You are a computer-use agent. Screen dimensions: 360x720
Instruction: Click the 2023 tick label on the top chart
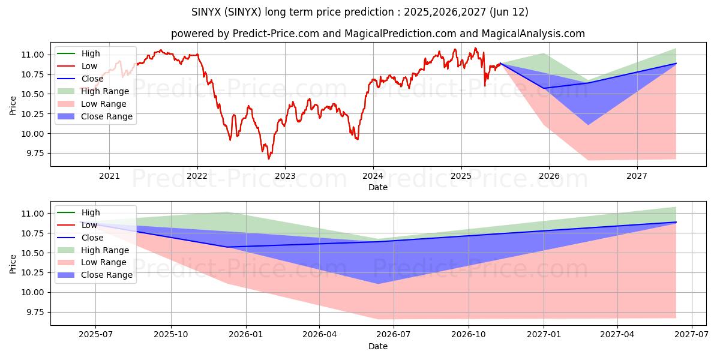pyautogui.click(x=285, y=176)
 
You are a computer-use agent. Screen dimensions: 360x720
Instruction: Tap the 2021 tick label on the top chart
pyautogui.click(x=109, y=176)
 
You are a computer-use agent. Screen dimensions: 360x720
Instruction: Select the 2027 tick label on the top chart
pyautogui.click(x=637, y=176)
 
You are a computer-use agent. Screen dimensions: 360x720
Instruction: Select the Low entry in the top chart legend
pyautogui.click(x=90, y=66)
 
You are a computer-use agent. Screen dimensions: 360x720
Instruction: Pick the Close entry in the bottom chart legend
pyautogui.click(x=92, y=238)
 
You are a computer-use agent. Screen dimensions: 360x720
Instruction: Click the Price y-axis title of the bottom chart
pyautogui.click(x=13, y=263)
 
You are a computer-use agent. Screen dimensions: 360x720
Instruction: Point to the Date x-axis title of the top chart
pyautogui.click(x=378, y=187)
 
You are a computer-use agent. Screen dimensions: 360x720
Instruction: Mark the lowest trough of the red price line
pyautogui.click(x=269, y=159)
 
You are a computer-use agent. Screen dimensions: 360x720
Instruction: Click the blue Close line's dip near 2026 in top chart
pyautogui.click(x=544, y=88)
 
